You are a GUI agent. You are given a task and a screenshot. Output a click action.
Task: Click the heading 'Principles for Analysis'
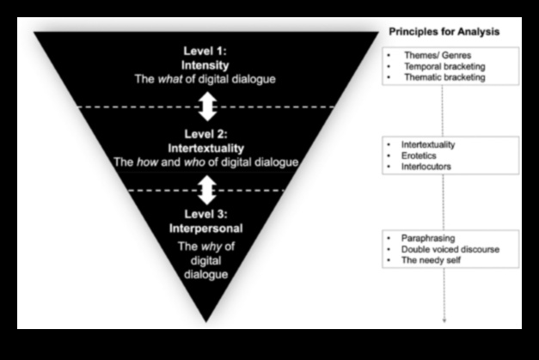click(443, 32)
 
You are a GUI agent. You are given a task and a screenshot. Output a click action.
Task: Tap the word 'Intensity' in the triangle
click(205, 65)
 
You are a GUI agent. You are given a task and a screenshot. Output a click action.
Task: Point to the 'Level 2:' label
click(205, 134)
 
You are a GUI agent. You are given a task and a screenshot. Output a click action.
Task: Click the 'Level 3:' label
click(205, 215)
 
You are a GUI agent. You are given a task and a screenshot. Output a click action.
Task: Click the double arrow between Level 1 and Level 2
click(205, 107)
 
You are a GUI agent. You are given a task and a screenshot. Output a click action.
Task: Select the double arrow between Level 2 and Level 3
click(205, 188)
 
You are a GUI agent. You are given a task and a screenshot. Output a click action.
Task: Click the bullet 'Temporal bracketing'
click(444, 65)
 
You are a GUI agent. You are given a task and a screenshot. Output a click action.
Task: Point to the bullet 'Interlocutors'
click(426, 167)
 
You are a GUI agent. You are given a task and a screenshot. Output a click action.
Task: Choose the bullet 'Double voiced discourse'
click(450, 249)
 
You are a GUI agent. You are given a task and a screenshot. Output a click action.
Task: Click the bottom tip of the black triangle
click(206, 320)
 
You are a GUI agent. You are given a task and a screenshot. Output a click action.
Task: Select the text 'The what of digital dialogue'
click(205, 79)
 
